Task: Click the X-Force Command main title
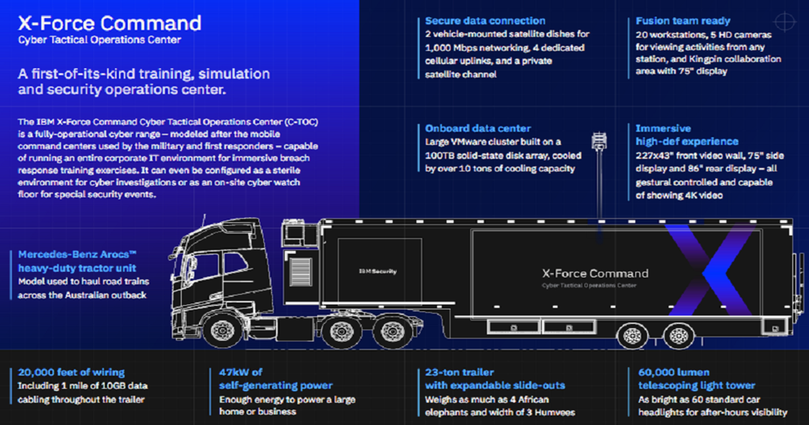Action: pos(110,23)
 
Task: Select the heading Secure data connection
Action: pos(485,21)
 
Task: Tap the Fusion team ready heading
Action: pos(683,21)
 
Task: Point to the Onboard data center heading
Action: pos(478,128)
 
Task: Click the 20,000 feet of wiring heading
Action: pos(71,372)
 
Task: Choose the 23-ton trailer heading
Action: pos(459,372)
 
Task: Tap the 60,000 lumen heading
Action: pos(674,372)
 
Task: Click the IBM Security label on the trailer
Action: pos(378,271)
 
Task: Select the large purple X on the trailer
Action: pos(710,271)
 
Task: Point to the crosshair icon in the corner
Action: pos(785,22)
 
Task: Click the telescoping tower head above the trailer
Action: pos(599,141)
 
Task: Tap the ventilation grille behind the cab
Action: pos(301,273)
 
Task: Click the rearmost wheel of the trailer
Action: pos(678,336)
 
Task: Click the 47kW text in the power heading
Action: pos(233,372)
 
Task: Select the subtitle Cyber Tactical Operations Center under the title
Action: pos(99,40)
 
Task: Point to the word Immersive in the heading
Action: pos(663,128)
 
